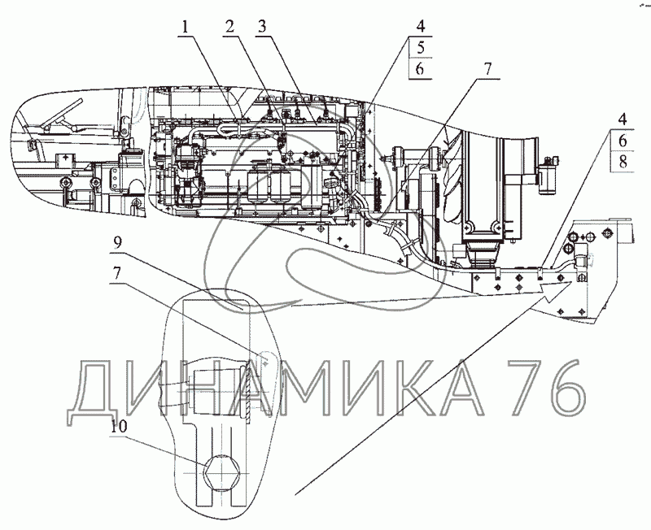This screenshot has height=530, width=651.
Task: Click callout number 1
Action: (186, 28)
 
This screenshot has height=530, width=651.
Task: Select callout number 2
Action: (230, 28)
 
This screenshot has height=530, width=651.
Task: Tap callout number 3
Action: (262, 28)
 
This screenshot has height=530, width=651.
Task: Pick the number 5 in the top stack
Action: (421, 48)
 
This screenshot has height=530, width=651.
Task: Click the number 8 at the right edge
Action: (623, 161)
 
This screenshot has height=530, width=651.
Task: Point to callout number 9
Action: (118, 243)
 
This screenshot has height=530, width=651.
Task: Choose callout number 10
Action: (119, 427)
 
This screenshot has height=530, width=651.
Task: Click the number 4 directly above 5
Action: (421, 27)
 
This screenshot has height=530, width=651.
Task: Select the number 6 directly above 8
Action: (623, 141)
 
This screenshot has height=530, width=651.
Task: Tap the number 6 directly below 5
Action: (420, 68)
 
